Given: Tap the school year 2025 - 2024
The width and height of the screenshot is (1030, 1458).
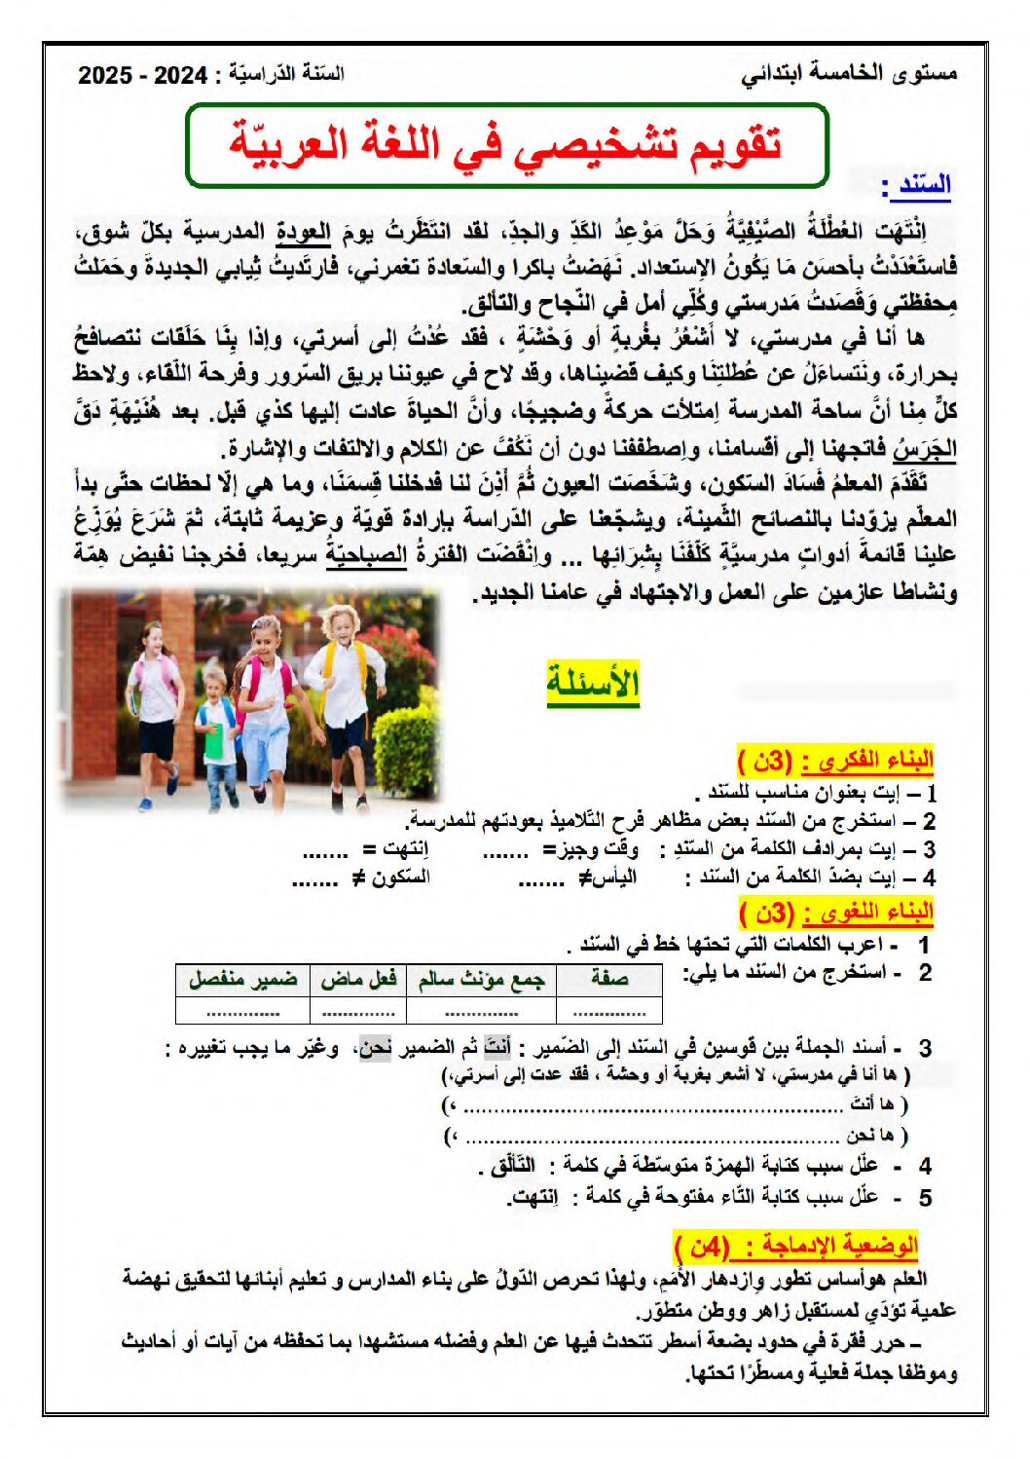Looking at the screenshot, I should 142,75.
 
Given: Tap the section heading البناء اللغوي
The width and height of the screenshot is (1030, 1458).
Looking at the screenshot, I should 835,913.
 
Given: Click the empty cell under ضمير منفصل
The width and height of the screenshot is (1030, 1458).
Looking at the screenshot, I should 242,1010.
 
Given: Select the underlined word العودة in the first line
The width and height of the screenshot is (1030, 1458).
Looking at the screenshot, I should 304,232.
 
